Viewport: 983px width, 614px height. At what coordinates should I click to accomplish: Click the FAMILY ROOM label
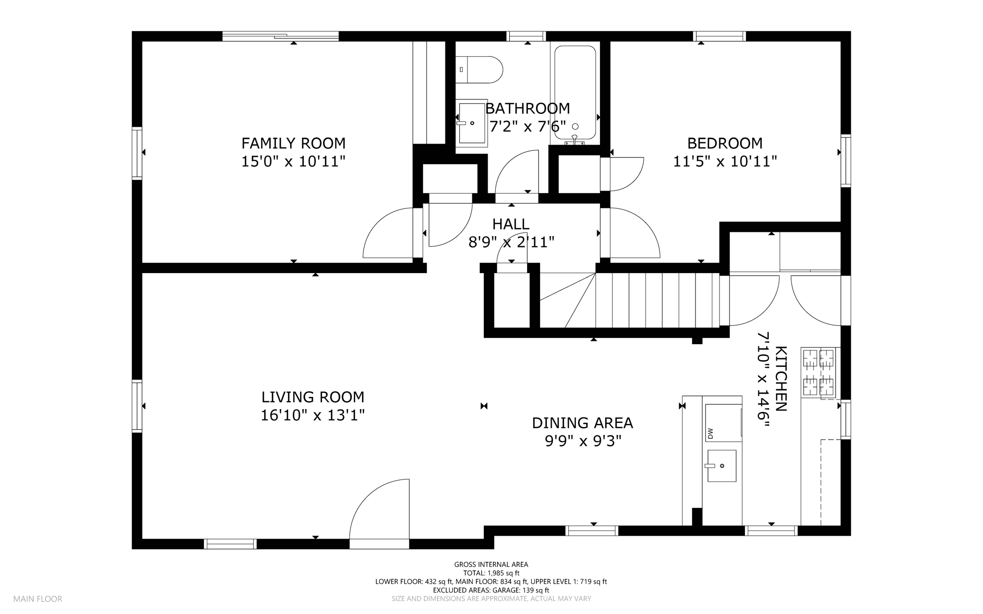[x=293, y=143]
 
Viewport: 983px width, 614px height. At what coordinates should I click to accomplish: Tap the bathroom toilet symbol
[x=479, y=70]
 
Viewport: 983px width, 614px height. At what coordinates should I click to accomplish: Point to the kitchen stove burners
[x=818, y=373]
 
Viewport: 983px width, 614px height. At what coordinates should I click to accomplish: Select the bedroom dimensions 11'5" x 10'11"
[x=725, y=161]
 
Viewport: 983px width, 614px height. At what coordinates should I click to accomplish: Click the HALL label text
[x=511, y=224]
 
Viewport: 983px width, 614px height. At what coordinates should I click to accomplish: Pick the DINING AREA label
[x=582, y=423]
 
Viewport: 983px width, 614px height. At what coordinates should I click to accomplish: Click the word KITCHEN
[x=781, y=379]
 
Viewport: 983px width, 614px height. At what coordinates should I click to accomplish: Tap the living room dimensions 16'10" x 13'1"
[x=312, y=415]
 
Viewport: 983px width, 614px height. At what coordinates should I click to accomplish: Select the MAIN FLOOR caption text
[x=38, y=599]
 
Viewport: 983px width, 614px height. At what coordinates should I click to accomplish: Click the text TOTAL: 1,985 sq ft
[x=491, y=573]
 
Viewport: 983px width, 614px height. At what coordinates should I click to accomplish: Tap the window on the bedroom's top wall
[x=719, y=36]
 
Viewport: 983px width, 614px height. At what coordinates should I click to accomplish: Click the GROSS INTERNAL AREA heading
[x=491, y=565]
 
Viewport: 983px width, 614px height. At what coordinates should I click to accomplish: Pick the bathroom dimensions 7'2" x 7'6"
[x=527, y=126]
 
